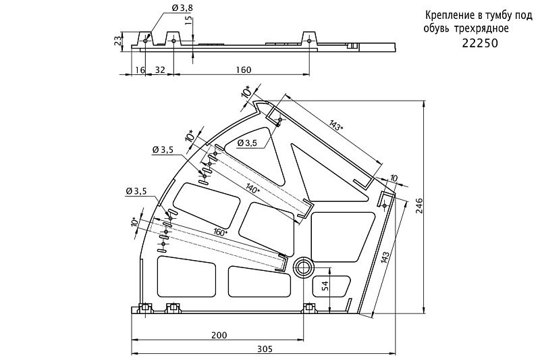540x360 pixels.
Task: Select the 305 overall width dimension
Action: (265, 349)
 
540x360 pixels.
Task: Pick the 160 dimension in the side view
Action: (243, 70)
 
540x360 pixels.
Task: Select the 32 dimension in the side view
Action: (160, 70)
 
